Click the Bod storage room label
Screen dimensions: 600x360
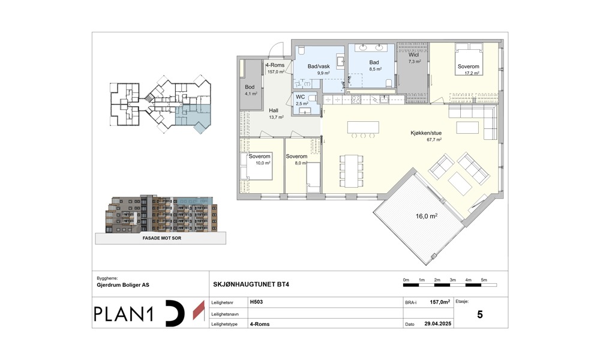(x=250, y=87)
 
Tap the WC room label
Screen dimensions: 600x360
(x=301, y=97)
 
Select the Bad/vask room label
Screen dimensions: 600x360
(x=319, y=66)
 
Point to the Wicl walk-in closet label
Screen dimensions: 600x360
(x=413, y=55)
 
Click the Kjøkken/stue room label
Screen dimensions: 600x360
(x=426, y=133)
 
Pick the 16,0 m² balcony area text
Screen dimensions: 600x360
(x=427, y=216)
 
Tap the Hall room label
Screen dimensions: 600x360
(x=274, y=110)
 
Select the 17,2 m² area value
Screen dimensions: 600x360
(x=472, y=73)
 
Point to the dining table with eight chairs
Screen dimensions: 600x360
(x=351, y=171)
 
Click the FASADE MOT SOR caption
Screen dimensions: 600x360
(x=162, y=238)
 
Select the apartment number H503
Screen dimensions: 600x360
(x=256, y=302)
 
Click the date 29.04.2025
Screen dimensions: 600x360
(x=438, y=323)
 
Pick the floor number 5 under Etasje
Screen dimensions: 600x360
(x=480, y=314)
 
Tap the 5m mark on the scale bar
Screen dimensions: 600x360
(x=484, y=280)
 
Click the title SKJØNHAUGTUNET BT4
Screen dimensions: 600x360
(x=251, y=284)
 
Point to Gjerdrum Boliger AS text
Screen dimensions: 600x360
(x=123, y=285)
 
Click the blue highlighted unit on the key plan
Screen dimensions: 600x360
(x=193, y=116)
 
